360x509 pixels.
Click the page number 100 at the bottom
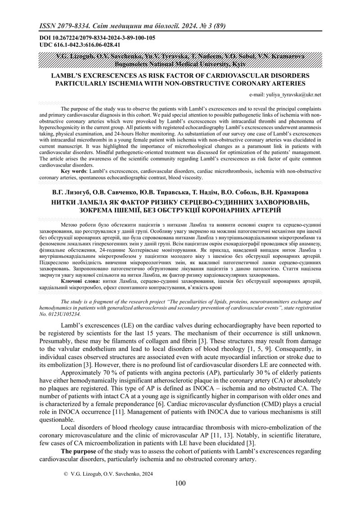pos(180,483)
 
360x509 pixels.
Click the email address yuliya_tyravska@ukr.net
pos(285,95)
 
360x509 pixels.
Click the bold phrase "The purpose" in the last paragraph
pos(78,450)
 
